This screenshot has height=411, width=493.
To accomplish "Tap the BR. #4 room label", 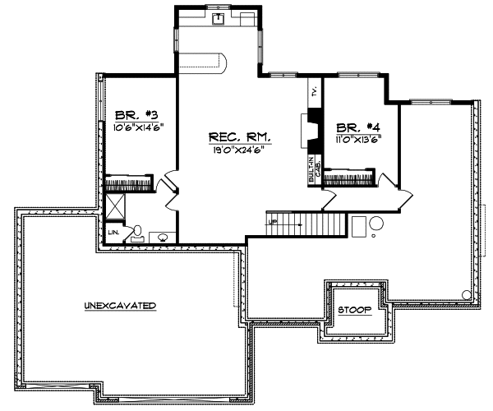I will [358, 127].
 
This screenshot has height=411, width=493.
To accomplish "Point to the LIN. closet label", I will [113, 233].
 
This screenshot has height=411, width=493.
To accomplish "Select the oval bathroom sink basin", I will [164, 238].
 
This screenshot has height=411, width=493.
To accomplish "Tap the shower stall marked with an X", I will [114, 205].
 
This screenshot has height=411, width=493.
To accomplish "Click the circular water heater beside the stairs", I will [376, 223].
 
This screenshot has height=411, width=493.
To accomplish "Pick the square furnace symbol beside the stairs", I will [358, 225].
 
